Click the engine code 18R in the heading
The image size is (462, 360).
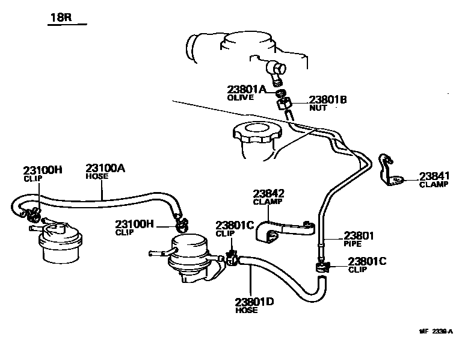(60, 17)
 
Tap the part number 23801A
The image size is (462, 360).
(246, 89)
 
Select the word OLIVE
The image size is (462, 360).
(240, 98)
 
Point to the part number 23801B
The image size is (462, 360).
(328, 100)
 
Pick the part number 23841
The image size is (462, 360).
(434, 176)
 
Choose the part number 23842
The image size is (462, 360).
(268, 193)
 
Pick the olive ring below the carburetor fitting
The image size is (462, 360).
(280, 93)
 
